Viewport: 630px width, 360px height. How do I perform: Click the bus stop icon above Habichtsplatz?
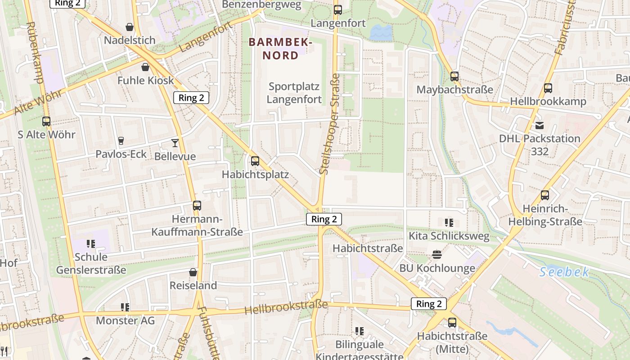(255, 161)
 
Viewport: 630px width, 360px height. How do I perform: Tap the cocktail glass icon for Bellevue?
(175, 143)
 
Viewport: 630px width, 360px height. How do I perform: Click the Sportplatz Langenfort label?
(294, 93)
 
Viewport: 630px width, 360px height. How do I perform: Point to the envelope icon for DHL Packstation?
(539, 125)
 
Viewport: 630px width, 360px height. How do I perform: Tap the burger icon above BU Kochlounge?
(436, 255)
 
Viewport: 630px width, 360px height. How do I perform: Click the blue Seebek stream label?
(564, 272)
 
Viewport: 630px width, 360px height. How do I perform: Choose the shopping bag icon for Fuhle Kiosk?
(145, 67)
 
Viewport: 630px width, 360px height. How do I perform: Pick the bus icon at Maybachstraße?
(454, 76)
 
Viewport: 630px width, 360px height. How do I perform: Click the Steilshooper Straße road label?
(329, 124)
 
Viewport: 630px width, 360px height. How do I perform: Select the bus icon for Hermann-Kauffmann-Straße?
(197, 206)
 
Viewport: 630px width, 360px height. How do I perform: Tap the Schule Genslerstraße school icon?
(91, 243)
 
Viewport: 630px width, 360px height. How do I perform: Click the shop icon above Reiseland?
(193, 272)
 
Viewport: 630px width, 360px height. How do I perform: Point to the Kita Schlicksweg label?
(448, 236)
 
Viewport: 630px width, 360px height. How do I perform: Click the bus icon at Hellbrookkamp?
(548, 88)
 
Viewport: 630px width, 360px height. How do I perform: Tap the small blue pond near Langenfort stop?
(381, 31)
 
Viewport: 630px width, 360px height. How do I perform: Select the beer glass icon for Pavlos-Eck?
(121, 141)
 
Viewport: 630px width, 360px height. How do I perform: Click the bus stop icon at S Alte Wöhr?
(46, 121)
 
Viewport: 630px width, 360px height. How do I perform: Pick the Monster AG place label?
(125, 320)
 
